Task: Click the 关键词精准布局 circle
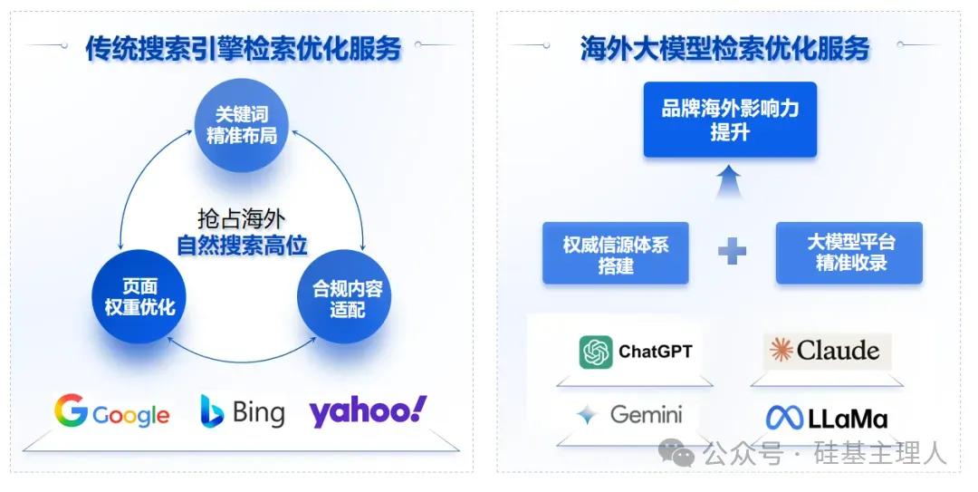242,126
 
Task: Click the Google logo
112,412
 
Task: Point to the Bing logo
242,412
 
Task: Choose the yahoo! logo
368,411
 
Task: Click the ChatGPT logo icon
596,352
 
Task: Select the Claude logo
827,351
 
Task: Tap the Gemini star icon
588,415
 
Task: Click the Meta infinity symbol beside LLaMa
784,418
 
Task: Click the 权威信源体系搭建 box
616,254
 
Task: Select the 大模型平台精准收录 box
849,254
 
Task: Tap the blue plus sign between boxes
732,252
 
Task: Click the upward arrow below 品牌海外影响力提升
729,181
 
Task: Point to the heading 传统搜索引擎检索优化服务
244,48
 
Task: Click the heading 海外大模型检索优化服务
724,48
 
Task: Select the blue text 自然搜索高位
242,245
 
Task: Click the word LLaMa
848,419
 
